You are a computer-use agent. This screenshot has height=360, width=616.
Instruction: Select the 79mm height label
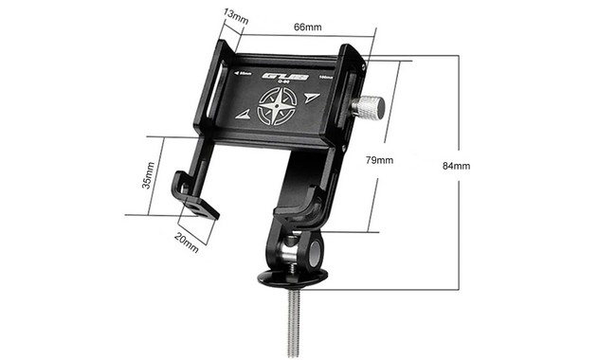tap(378, 160)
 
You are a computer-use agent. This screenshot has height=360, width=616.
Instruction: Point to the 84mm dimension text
tap(456, 166)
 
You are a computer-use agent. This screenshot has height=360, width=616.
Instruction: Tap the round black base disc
tap(294, 278)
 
